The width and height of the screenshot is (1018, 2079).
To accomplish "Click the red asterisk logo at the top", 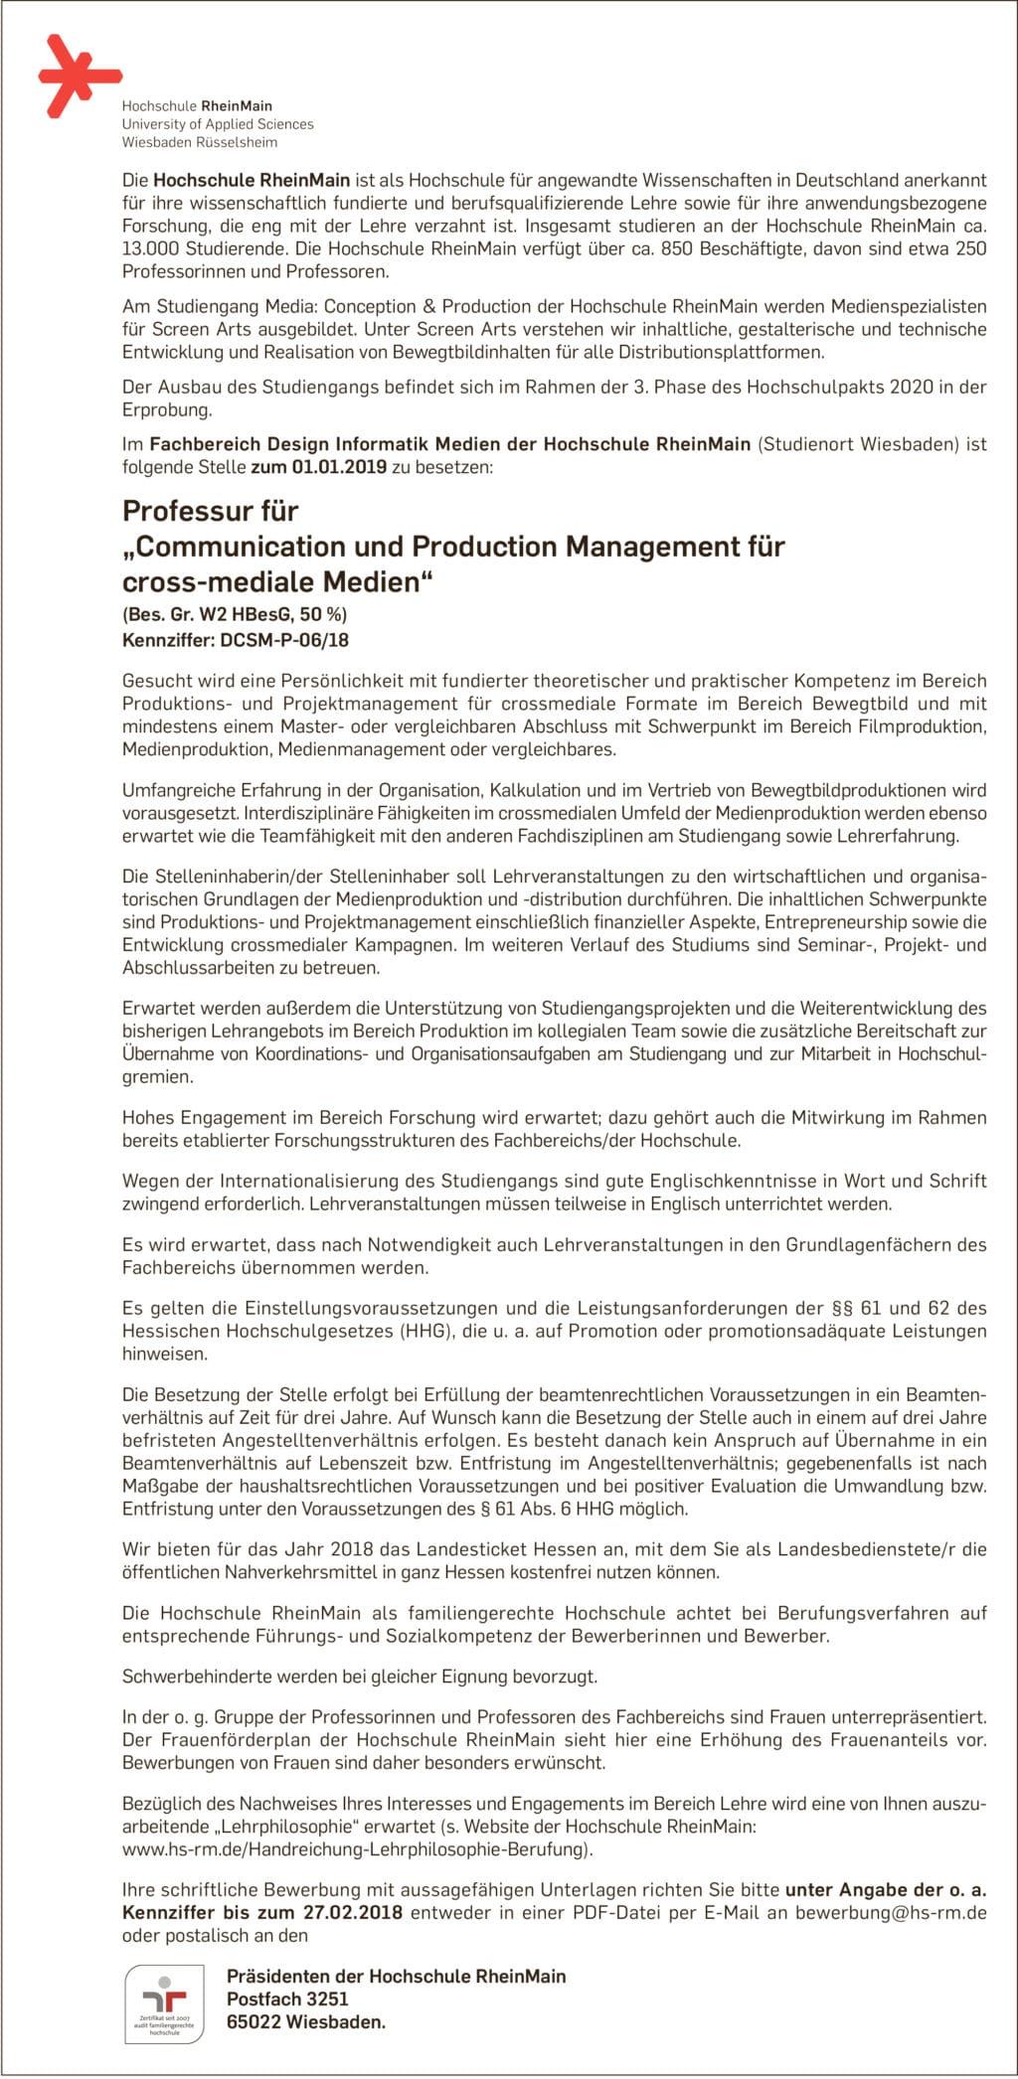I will pos(78,76).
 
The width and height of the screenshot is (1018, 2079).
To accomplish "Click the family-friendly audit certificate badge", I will pos(164,2002).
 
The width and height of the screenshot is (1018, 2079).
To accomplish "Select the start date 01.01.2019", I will pos(339,467).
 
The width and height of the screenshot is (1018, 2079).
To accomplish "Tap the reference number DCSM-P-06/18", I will pos(284,641).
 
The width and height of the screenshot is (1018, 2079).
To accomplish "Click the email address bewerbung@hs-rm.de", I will pos(890,1912).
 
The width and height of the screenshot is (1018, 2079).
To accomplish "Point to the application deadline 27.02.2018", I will pos(354,1912).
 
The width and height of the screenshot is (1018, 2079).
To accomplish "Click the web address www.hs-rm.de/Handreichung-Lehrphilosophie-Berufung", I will pos(356,1849).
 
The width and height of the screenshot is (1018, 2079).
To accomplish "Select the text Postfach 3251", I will pos(287,1999).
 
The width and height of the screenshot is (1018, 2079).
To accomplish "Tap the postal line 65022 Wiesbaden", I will pos(305,2021).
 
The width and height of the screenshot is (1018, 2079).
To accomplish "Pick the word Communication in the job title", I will pos(262,547).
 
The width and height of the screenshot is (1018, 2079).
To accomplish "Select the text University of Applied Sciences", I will pos(217,124).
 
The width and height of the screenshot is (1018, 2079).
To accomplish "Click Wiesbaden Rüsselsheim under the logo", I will pos(199,142).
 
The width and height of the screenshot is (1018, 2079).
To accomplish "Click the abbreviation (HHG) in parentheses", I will pos(425,1331).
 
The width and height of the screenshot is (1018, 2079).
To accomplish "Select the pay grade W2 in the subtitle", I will pos(214,614).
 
